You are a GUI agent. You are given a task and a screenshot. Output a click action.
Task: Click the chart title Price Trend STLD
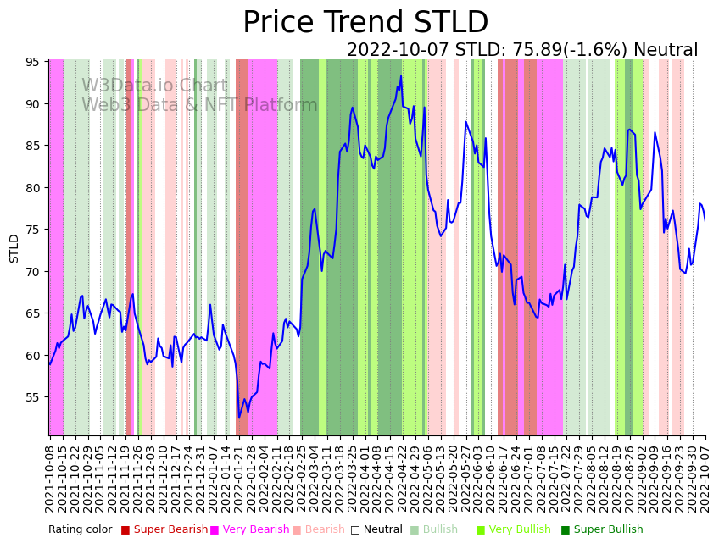pyautogui.click(x=365, y=23)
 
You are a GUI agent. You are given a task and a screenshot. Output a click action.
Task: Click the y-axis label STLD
pyautogui.click(x=14, y=248)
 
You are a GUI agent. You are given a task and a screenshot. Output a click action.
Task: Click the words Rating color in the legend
pyautogui.click(x=80, y=530)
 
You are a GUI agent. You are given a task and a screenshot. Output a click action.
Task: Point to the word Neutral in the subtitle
pyautogui.click(x=666, y=51)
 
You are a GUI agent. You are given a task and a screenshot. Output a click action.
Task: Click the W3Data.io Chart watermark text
pyautogui.click(x=154, y=86)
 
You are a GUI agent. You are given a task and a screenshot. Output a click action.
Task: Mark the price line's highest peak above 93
pyautogui.click(x=401, y=76)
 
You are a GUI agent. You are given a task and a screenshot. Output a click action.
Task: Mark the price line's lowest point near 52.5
pyautogui.click(x=239, y=418)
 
